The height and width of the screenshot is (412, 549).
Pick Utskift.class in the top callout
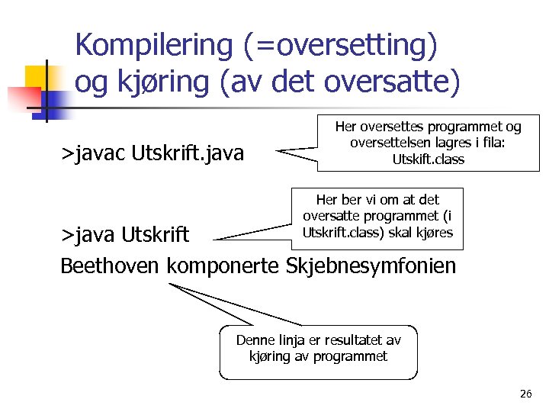coord(428,159)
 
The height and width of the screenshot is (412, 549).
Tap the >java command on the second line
coord(85,234)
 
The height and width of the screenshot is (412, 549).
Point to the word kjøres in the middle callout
coord(435,233)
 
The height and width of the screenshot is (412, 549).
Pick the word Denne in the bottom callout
coord(255,340)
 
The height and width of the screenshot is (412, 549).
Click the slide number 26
coord(525,394)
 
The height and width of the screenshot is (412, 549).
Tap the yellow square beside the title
coord(38,79)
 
